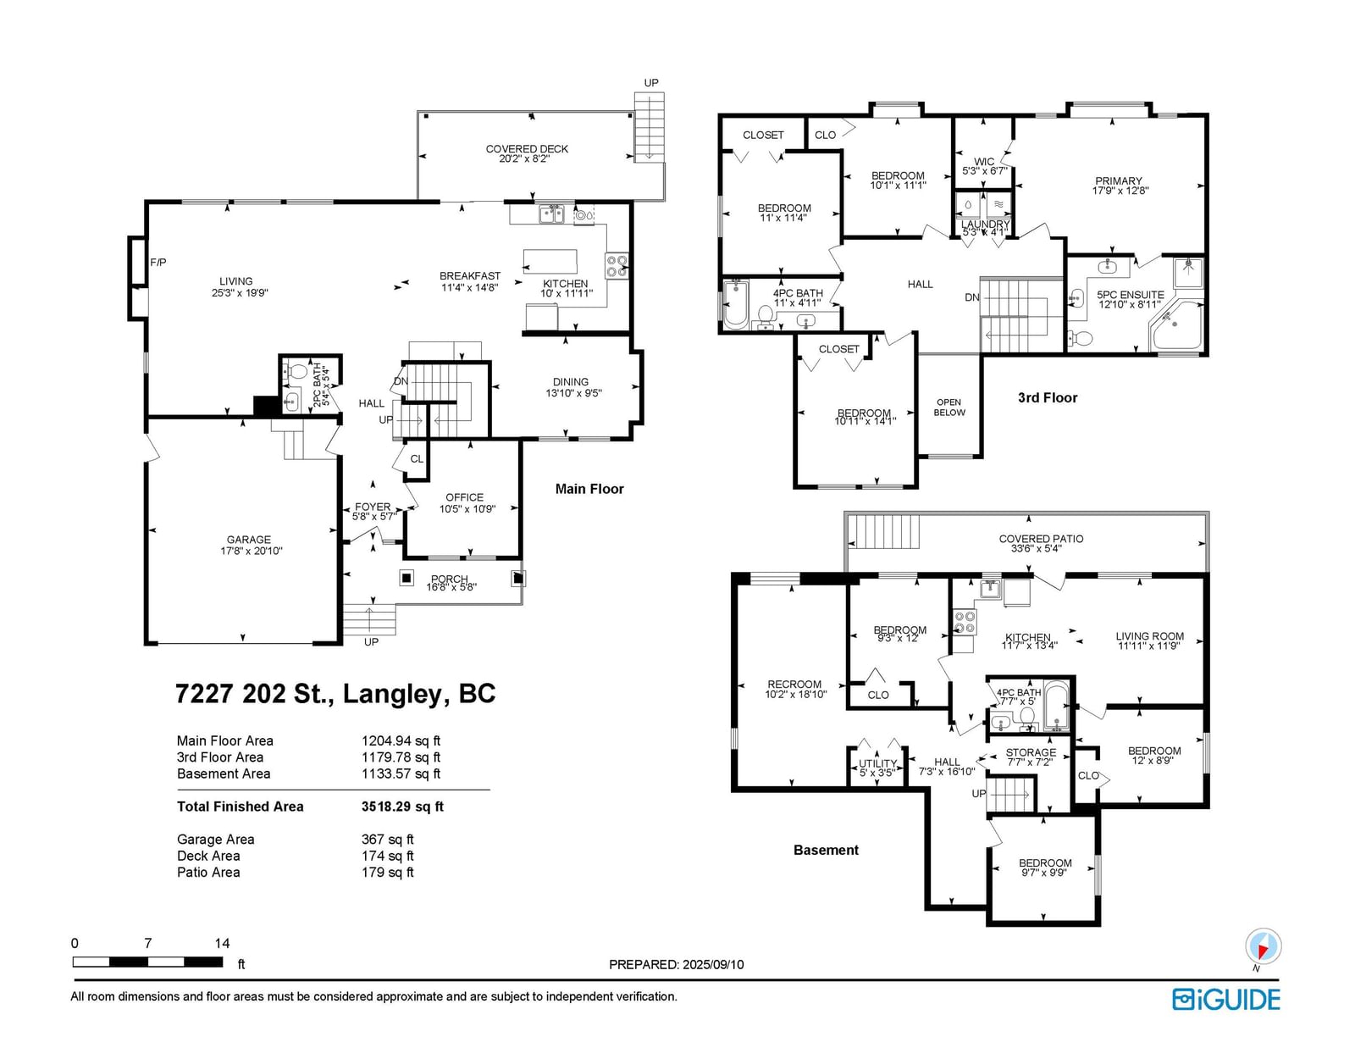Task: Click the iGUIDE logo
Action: (x=1225, y=1000)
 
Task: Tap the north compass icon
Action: (x=1263, y=946)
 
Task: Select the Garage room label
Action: (x=249, y=540)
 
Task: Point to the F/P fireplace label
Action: (x=158, y=263)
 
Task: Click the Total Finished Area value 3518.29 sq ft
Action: (x=402, y=807)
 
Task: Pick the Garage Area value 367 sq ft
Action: (x=387, y=840)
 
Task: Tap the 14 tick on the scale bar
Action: (x=222, y=943)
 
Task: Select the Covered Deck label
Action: (x=527, y=149)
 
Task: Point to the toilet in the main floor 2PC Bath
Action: (x=296, y=373)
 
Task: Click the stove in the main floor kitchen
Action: (x=617, y=266)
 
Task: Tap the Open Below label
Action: (x=949, y=408)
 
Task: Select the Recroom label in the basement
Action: (x=794, y=685)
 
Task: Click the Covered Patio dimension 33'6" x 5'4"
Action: (x=1037, y=549)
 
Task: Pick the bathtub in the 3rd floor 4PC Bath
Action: (x=736, y=304)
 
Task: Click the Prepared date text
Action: (x=677, y=964)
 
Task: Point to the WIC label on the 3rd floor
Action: (x=984, y=162)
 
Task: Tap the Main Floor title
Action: (x=589, y=489)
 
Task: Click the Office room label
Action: (x=465, y=497)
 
